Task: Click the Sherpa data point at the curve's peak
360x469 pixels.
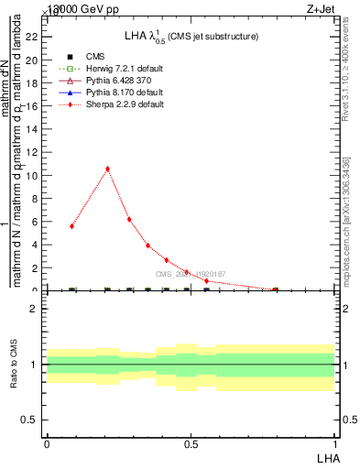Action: coord(108,169)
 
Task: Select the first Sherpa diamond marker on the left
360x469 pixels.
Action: coord(71,225)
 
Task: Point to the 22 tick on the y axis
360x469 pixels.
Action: coord(31,37)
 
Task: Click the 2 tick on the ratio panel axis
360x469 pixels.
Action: coord(34,309)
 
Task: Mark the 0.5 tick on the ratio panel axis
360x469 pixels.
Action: coord(30,420)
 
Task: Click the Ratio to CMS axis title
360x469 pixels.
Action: coord(14,364)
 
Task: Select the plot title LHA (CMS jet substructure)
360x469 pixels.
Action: coord(191,36)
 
